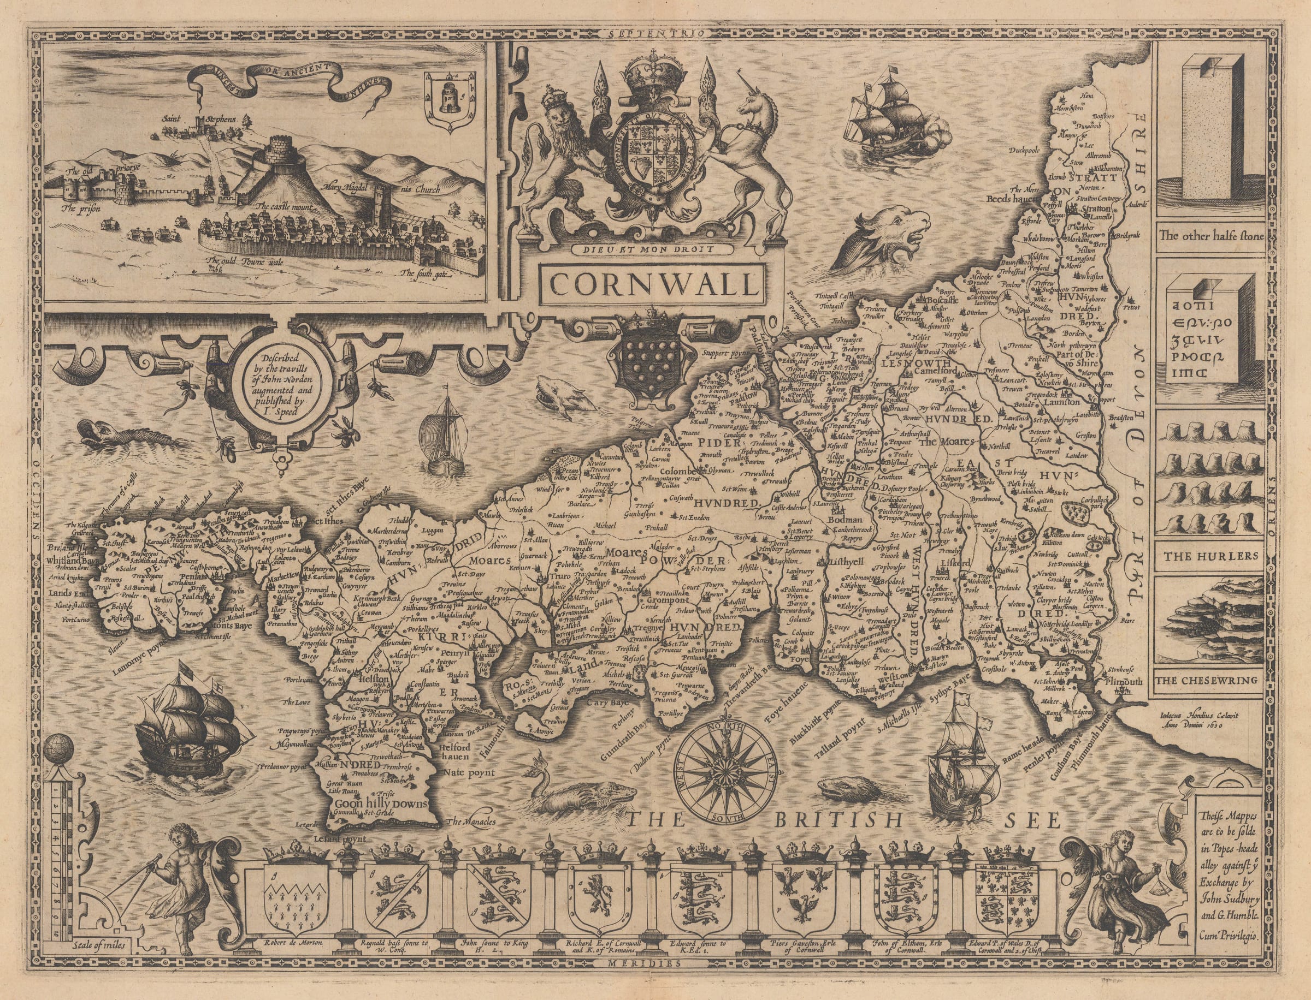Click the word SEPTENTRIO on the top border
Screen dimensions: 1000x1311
pos(651,33)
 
